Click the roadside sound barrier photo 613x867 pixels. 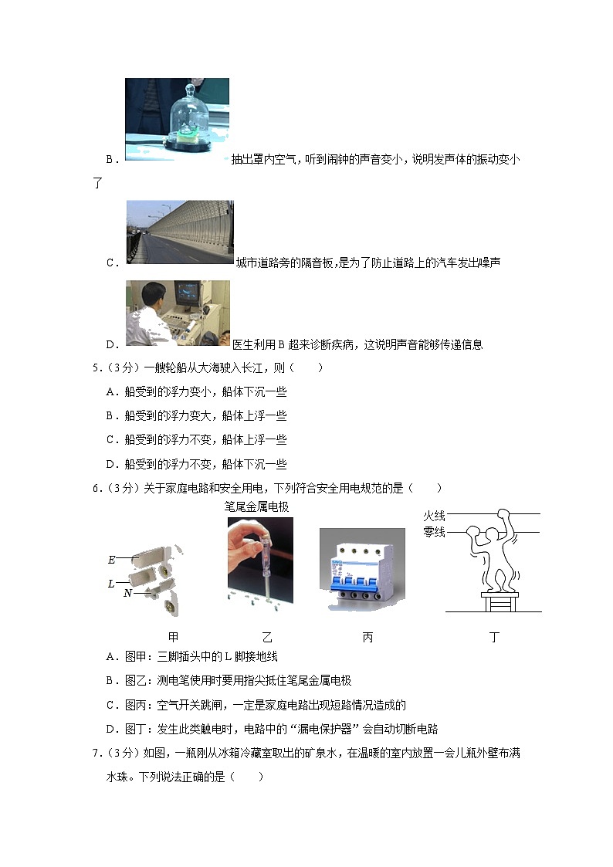180,232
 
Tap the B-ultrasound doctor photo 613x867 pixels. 178,313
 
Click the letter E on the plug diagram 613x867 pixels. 112,560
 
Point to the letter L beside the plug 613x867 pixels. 111,584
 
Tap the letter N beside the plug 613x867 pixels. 128,593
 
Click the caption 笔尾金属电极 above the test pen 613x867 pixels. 256,507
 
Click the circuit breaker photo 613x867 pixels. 361,571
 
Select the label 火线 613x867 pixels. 434,516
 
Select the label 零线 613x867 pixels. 434,532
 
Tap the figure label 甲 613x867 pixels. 173,638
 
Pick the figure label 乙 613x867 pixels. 266,638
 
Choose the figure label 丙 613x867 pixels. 367,638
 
